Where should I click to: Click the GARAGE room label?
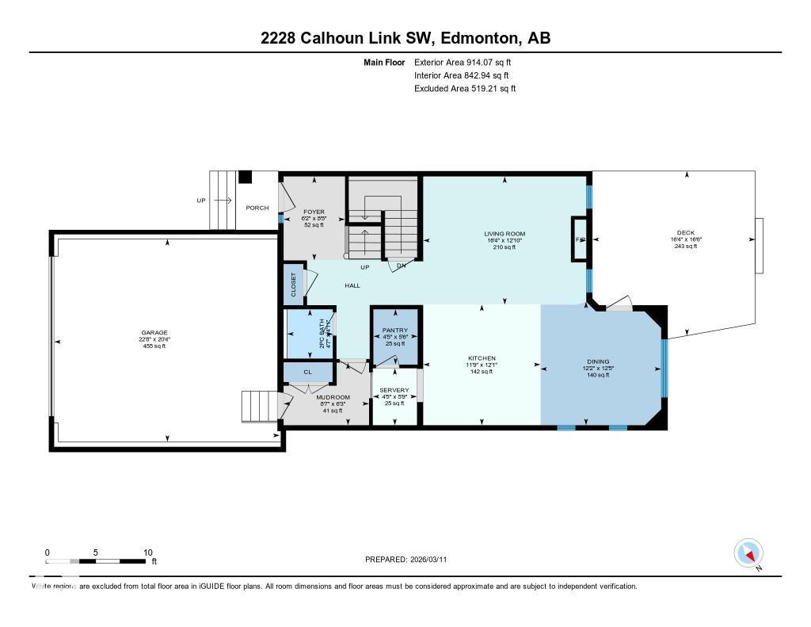(154, 333)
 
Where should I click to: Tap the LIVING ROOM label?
(504, 234)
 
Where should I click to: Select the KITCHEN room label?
(481, 358)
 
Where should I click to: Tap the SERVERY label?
(394, 390)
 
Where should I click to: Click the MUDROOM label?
(333, 397)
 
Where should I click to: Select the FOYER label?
(314, 212)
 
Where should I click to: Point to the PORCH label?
(257, 208)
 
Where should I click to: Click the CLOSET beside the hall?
(293, 284)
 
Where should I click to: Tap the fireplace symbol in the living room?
(580, 239)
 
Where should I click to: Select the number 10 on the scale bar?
(147, 552)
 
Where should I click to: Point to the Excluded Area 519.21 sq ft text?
(465, 89)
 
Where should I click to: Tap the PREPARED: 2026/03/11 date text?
(411, 559)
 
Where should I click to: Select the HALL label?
(352, 285)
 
